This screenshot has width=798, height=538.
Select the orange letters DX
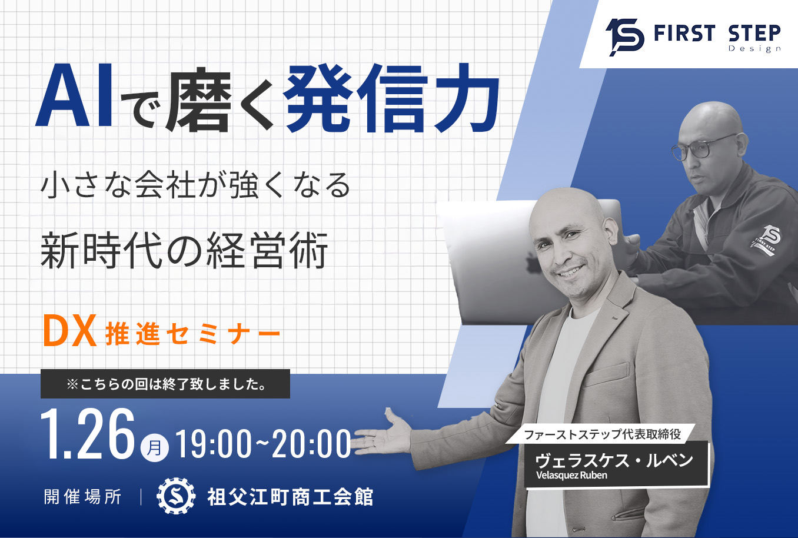pos(69,331)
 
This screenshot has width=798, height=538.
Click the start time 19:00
pos(214,444)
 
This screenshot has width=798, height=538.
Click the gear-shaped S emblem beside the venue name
pos(175,496)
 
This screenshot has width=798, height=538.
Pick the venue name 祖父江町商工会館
pos(290,497)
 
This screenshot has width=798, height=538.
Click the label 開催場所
pos(83,497)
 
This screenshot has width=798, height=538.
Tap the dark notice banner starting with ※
pos(165,384)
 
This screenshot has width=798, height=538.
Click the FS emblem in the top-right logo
pos(624,36)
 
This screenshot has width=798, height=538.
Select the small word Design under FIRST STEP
pos(754,49)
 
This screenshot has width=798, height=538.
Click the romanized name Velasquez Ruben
pos(571,476)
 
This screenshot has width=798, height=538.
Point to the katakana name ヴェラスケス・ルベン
pos(614,460)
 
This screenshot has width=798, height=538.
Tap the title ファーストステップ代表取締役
pos(602,434)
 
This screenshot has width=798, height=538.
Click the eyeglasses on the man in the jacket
pos(704,146)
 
